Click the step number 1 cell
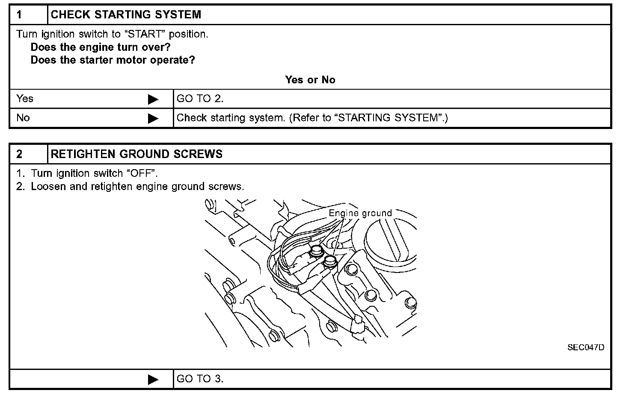point(28,15)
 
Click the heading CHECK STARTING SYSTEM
point(126,15)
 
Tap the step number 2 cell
point(28,154)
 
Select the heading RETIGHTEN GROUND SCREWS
point(136,154)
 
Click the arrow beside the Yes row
point(153,100)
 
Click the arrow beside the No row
point(153,118)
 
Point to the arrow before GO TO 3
point(153,379)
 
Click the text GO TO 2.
point(200,99)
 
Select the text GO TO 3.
point(200,379)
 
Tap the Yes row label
point(25,99)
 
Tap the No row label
point(23,118)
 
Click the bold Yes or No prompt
point(310,80)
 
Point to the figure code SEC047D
point(586,347)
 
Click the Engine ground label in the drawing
point(360,213)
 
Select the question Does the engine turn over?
point(101,47)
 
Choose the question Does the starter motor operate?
point(113,60)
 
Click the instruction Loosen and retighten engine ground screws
point(137,187)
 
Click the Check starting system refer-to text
point(312,118)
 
